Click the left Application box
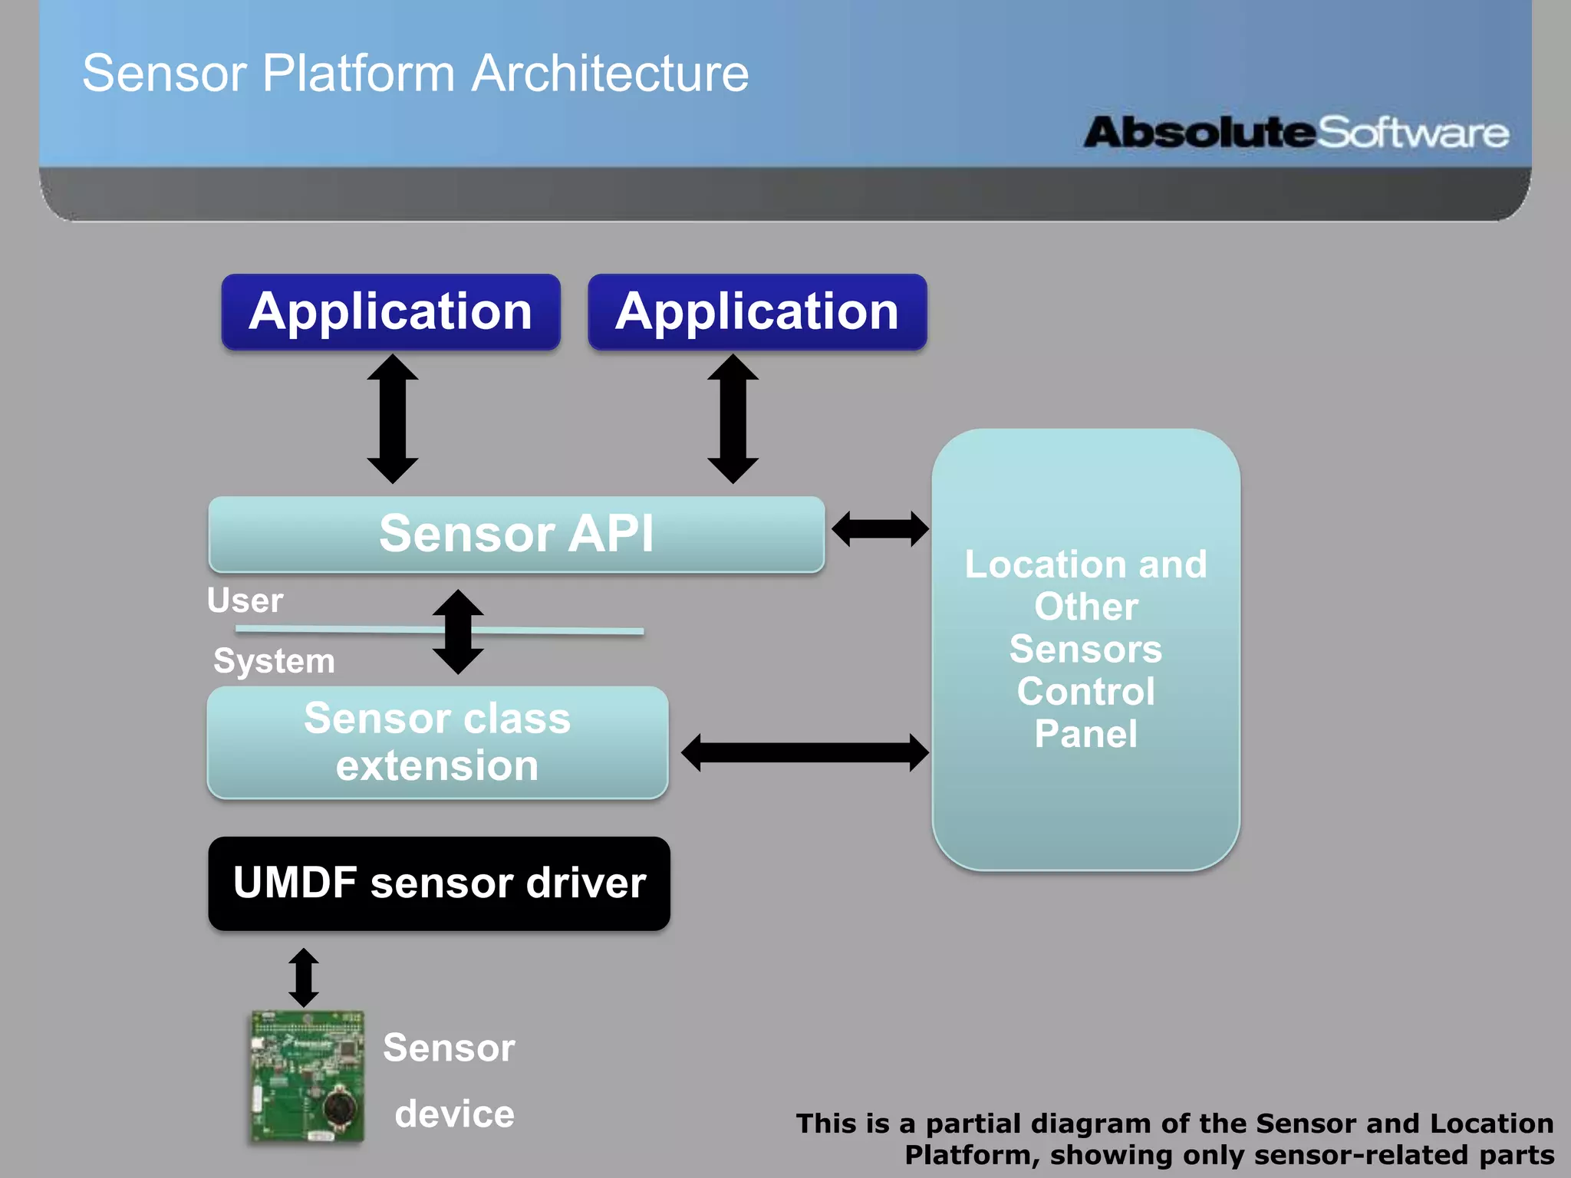[x=390, y=312]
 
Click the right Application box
[x=757, y=312]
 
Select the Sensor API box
[x=516, y=534]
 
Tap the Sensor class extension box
[x=437, y=742]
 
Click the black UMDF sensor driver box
[x=439, y=883]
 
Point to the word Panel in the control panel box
[x=1085, y=734]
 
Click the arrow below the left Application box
[x=393, y=419]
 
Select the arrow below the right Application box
[x=733, y=419]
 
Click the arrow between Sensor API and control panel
[x=880, y=529]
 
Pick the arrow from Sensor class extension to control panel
[x=805, y=752]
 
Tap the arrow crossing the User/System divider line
[x=458, y=632]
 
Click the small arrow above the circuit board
[x=304, y=978]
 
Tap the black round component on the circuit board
[x=338, y=1107]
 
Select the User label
[x=245, y=601]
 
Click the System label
[x=274, y=661]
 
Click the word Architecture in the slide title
[x=610, y=74]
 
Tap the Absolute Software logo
[x=1296, y=133]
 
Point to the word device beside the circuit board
[x=454, y=1114]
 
